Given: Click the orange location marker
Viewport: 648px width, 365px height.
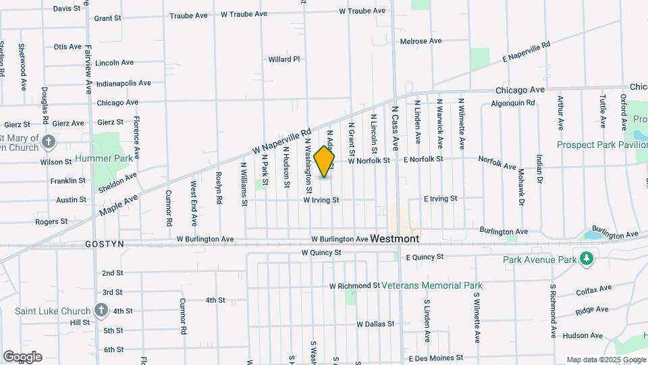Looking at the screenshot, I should [324, 162].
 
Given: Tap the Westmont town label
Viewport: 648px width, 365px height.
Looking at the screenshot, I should [394, 239].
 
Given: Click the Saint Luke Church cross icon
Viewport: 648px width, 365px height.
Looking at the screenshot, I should [101, 310].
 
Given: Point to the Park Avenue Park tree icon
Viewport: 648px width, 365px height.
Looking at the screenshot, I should [587, 259].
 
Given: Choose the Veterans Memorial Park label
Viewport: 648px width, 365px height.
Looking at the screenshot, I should [431, 285].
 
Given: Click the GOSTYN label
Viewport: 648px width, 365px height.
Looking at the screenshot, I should [105, 243].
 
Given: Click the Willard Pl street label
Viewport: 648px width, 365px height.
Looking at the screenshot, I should [283, 59].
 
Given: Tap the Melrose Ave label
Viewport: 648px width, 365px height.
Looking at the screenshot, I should [421, 41].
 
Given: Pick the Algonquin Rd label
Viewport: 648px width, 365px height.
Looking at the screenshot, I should [512, 103].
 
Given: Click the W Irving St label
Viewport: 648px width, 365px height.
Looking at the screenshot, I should [321, 200].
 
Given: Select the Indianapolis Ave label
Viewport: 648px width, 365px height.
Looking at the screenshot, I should [124, 83].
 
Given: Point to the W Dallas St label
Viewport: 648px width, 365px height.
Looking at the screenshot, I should [375, 324].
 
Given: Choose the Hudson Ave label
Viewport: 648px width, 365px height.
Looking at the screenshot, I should [581, 335].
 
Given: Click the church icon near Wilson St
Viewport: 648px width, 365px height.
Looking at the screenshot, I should [48, 142].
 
